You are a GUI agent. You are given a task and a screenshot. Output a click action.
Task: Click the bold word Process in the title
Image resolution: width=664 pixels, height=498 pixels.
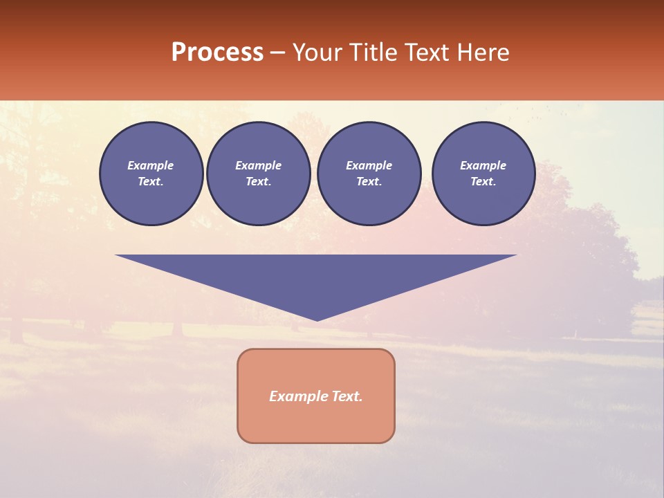pos(217,53)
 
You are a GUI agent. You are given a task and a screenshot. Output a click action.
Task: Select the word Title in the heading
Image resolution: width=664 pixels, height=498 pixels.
pos(371,53)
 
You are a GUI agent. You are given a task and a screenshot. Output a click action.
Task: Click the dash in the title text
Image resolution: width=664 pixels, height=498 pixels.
pos(277,53)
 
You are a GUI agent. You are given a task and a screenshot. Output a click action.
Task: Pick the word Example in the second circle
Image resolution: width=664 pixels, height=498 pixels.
pos(259,165)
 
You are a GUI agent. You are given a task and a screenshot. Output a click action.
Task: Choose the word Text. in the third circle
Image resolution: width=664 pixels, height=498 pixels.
pos(369,181)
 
